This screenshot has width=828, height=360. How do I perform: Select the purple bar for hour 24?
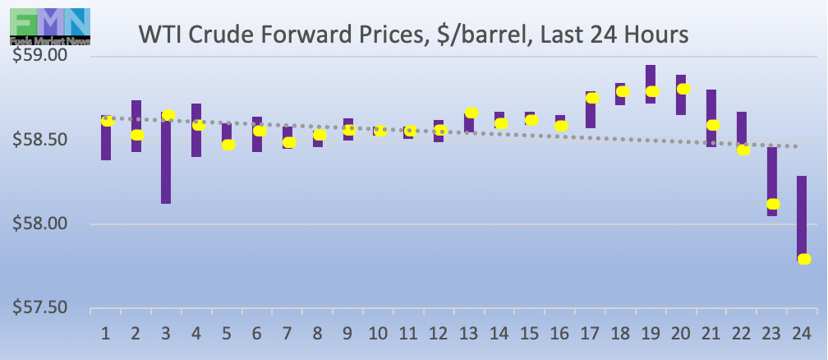click(x=802, y=218)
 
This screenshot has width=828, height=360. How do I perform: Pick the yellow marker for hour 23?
click(x=773, y=204)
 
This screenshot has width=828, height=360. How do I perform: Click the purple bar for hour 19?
click(x=651, y=84)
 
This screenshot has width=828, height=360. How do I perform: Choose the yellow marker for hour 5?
click(x=228, y=145)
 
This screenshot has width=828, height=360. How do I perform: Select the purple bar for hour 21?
click(x=711, y=118)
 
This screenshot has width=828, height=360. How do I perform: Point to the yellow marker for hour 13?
click(x=471, y=113)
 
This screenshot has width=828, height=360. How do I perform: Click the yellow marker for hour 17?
click(x=592, y=98)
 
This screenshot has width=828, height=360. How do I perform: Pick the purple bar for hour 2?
click(x=136, y=126)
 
